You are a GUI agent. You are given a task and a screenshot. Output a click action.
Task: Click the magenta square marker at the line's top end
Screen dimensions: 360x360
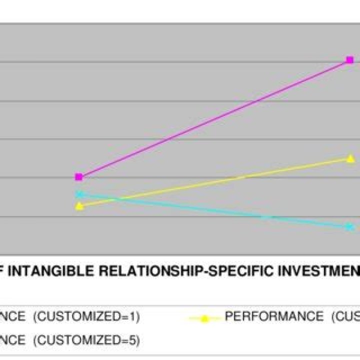pyautogui.click(x=349, y=60)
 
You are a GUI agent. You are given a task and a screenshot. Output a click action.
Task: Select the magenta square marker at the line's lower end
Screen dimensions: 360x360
pyautogui.click(x=78, y=177)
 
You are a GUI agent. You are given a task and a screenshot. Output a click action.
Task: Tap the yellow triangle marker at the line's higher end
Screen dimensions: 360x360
pyautogui.click(x=350, y=159)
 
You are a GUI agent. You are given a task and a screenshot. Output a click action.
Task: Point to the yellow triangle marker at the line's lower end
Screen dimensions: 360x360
pyautogui.click(x=79, y=205)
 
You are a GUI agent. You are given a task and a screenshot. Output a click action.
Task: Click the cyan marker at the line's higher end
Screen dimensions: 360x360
pyautogui.click(x=78, y=194)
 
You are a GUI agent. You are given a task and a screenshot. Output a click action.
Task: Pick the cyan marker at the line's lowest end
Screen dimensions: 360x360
pyautogui.click(x=350, y=227)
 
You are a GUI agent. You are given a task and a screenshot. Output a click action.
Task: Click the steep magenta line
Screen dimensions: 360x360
pyautogui.click(x=214, y=119)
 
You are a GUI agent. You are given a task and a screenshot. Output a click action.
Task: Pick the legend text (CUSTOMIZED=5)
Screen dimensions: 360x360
pyautogui.click(x=86, y=340)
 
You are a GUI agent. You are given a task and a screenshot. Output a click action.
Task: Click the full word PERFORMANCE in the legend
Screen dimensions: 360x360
pyautogui.click(x=274, y=316)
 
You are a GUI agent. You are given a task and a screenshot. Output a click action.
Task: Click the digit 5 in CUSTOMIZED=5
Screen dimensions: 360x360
pyautogui.click(x=132, y=340)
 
